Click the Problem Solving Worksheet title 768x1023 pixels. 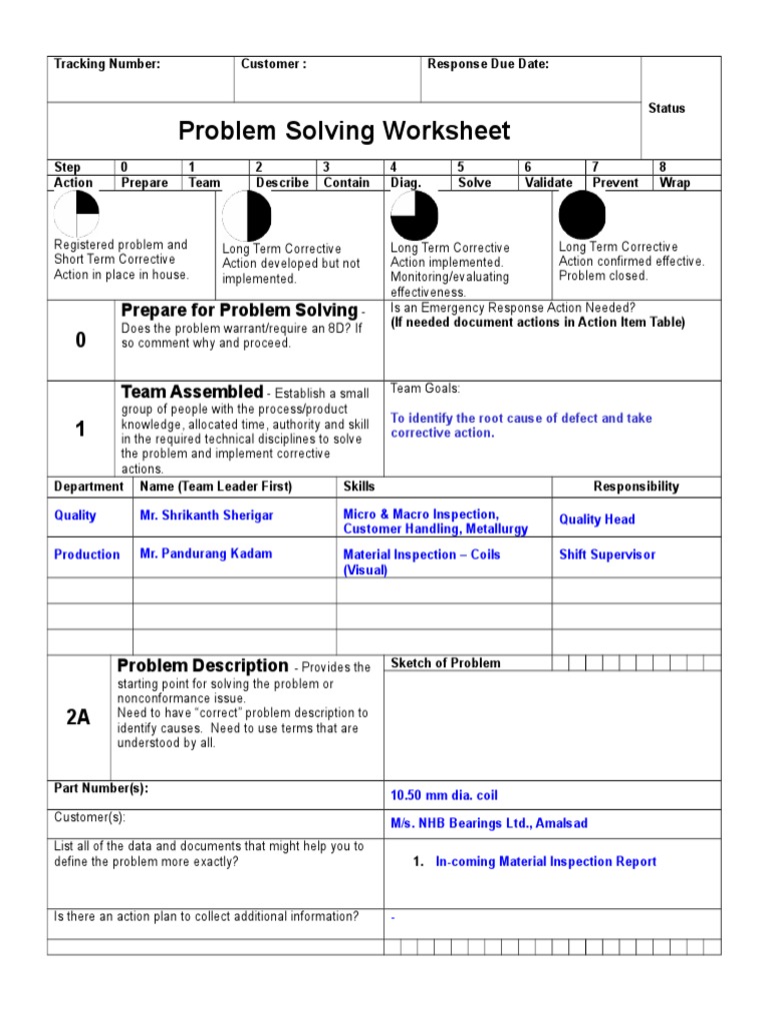(x=344, y=131)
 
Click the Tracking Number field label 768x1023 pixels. (x=107, y=64)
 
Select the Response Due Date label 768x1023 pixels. (x=488, y=64)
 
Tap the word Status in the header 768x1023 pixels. (x=667, y=108)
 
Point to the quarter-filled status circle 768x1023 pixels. (x=76, y=215)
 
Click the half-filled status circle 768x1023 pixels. (x=247, y=216)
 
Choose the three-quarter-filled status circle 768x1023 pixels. (x=414, y=216)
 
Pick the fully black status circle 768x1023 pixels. (x=582, y=215)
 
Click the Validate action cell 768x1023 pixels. (x=549, y=183)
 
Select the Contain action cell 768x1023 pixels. (x=347, y=183)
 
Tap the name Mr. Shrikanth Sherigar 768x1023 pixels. (x=207, y=515)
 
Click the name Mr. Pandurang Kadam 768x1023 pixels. (x=206, y=553)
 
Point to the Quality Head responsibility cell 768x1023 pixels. (x=597, y=519)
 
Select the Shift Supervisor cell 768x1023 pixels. (x=607, y=554)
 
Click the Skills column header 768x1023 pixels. (x=359, y=487)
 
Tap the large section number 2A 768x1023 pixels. (x=78, y=717)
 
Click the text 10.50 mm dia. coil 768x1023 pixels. (x=444, y=795)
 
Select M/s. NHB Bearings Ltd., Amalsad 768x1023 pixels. (x=489, y=823)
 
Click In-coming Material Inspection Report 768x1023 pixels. (x=546, y=861)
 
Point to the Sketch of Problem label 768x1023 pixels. (x=446, y=663)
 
